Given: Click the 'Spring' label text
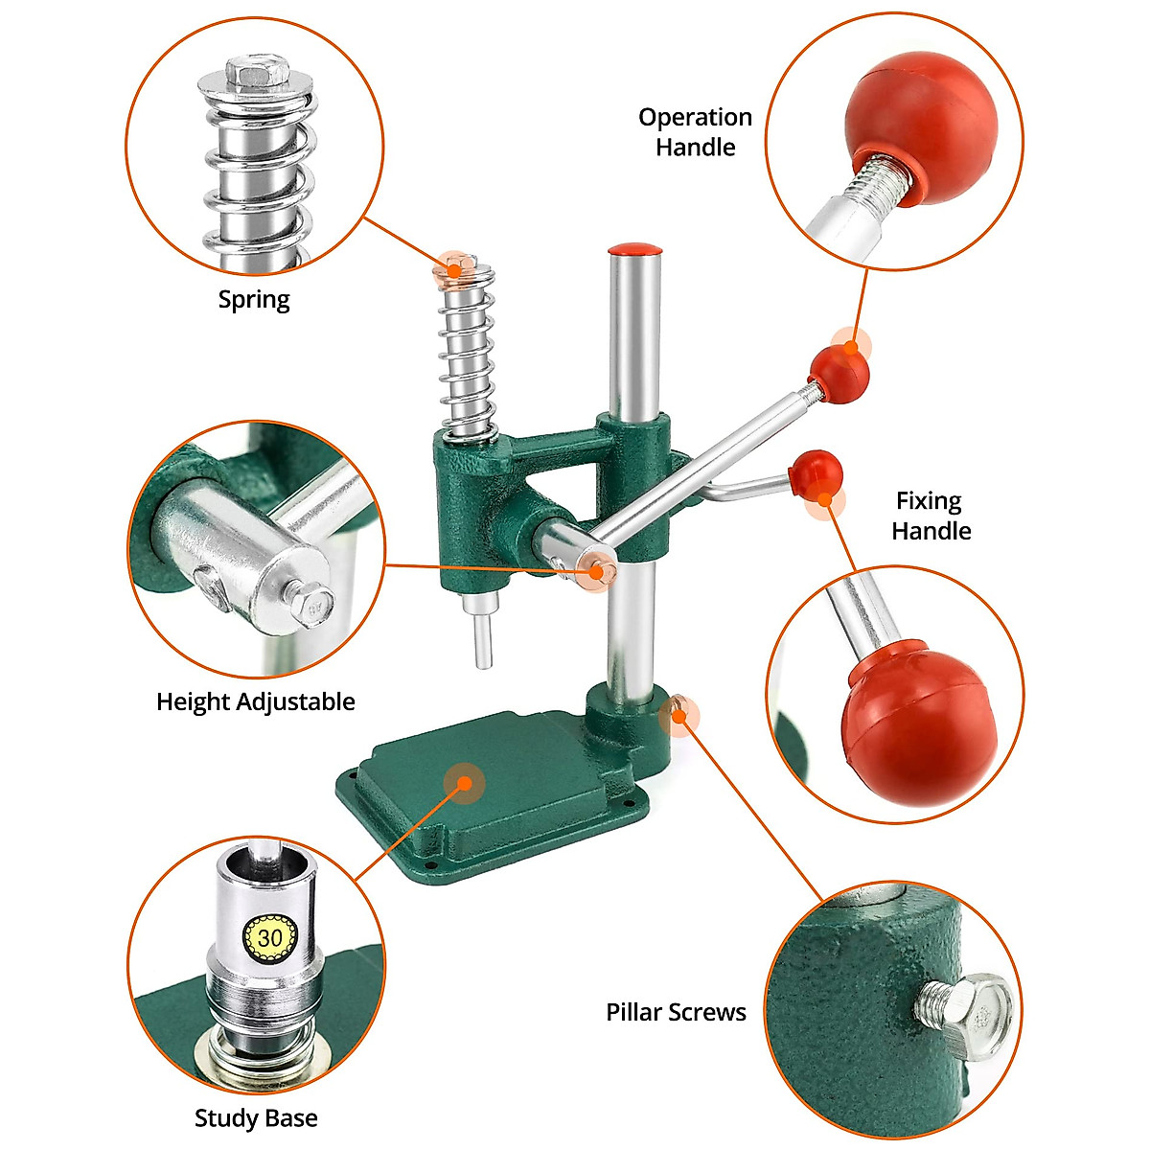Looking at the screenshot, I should (254, 300).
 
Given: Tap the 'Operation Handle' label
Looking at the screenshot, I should (695, 132).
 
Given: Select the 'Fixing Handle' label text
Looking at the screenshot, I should (931, 516).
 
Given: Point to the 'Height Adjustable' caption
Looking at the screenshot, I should (255, 701).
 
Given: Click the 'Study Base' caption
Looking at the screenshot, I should (256, 1117).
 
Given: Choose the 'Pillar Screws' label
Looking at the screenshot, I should (676, 1012).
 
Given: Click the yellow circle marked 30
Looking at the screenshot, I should (270, 936).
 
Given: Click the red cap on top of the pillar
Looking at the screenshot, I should (635, 250).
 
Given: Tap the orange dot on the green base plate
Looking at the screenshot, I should (465, 783).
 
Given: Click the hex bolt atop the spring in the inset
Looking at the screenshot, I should (258, 71).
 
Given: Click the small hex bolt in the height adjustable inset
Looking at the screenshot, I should (312, 605).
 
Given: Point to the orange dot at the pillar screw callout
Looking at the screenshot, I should (679, 714).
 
